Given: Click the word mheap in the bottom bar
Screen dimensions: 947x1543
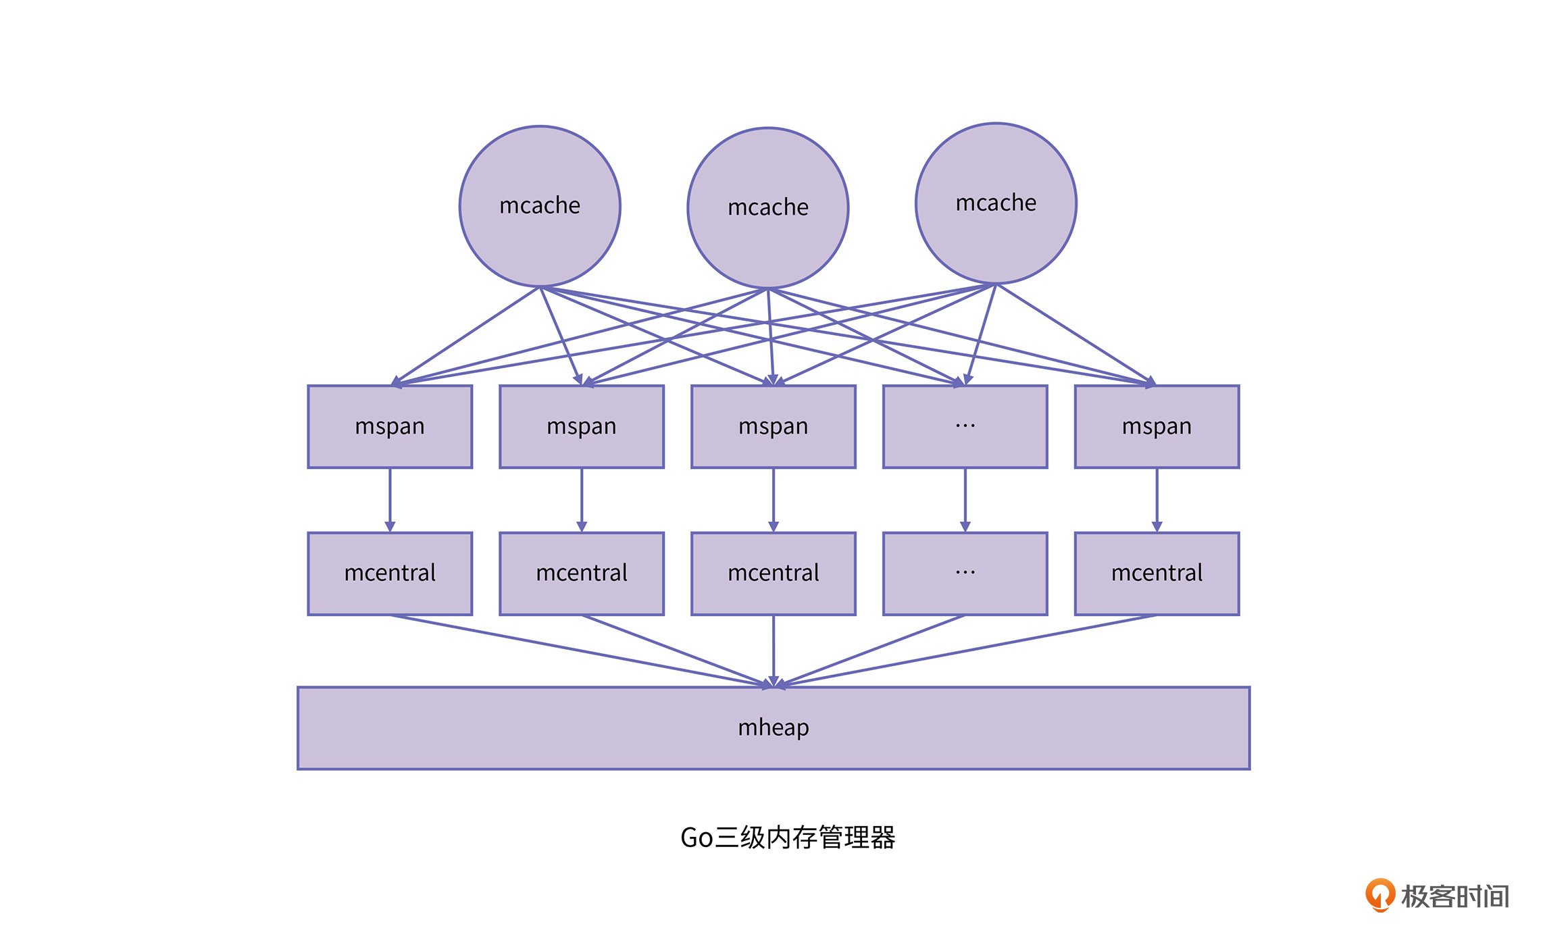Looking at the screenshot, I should point(774,727).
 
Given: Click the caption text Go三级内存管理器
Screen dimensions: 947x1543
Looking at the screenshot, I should point(788,838).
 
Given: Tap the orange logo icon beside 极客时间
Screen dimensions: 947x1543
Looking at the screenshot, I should point(1380,895).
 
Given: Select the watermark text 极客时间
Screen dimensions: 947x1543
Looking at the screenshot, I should point(1455,896).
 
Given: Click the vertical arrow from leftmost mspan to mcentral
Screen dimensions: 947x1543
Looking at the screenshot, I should point(390,500).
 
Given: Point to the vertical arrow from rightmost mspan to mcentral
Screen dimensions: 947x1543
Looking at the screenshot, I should point(1157,500).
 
